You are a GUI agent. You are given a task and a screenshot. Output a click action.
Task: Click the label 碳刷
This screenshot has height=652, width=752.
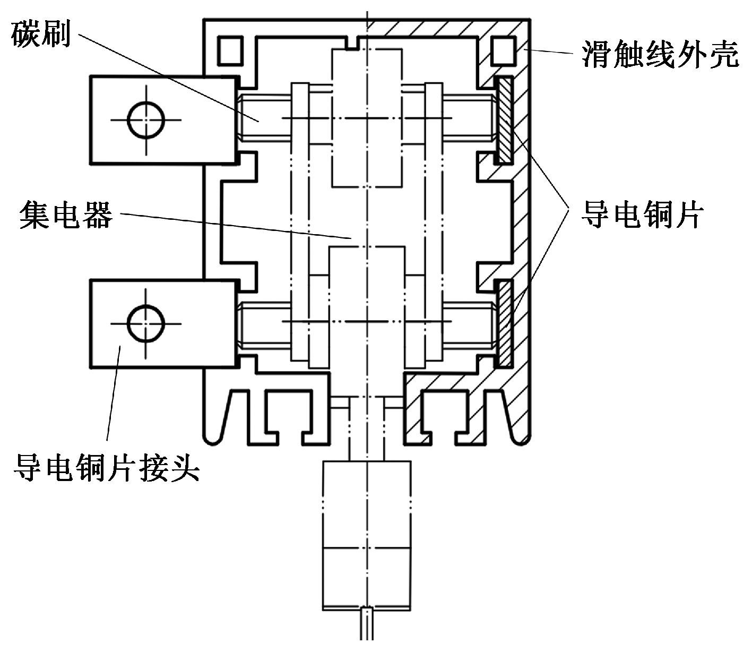point(41,34)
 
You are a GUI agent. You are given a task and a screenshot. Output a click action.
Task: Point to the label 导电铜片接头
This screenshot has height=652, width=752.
point(106,467)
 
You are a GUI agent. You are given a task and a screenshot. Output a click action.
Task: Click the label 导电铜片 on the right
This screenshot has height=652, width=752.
point(642,215)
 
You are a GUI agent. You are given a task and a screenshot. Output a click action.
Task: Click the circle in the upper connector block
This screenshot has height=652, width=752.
point(145,120)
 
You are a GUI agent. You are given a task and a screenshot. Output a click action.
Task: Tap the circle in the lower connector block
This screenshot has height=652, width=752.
point(145,323)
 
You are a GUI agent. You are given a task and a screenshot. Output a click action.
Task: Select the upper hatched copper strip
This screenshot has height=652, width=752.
point(504,120)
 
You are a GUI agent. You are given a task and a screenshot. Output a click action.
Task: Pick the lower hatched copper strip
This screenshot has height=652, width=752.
point(504,323)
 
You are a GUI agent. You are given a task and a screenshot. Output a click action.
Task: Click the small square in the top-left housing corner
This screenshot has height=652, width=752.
point(230,49)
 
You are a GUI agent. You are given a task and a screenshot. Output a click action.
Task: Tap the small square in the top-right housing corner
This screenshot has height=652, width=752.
point(502,49)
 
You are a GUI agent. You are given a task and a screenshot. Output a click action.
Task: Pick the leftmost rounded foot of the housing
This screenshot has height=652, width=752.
point(215,425)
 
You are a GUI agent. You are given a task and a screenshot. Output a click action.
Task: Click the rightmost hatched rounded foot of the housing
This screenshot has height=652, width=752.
point(519,425)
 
